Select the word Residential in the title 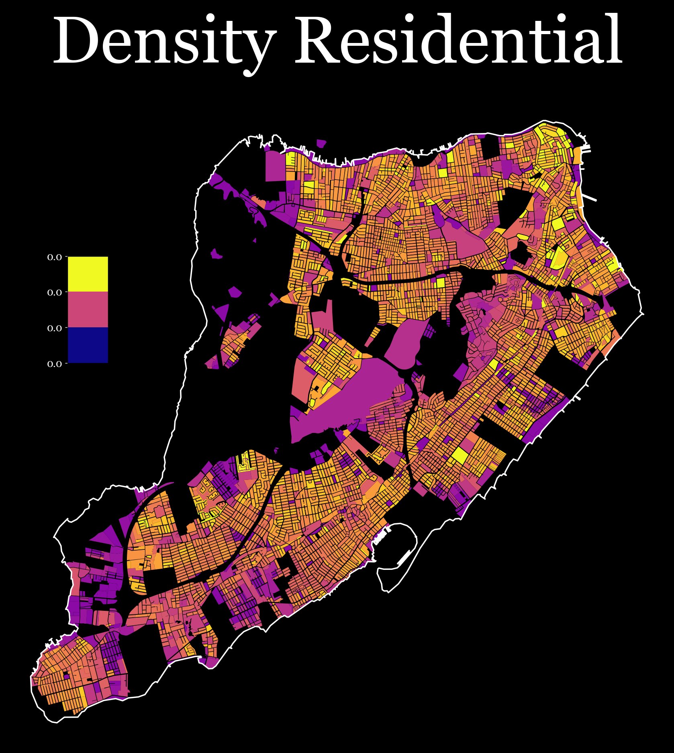tap(458, 40)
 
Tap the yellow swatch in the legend tap(88, 274)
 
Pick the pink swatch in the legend tap(88, 309)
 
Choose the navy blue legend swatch tap(88, 345)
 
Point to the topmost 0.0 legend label tap(55, 257)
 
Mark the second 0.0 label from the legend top tap(55, 293)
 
